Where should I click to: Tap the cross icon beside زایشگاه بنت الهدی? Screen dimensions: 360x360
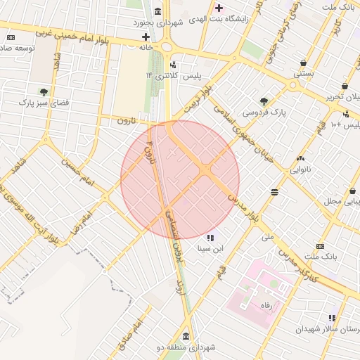coord(219,8)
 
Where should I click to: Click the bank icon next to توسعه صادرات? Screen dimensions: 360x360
coord(11,37)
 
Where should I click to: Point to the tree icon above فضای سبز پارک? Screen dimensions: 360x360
coord(44,91)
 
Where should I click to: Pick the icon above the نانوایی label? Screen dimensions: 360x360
coord(301,159)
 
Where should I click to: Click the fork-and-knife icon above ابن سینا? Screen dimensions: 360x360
coord(211,238)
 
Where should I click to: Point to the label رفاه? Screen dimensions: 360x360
coord(266,306)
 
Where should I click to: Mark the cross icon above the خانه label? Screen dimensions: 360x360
coord(146,37)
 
